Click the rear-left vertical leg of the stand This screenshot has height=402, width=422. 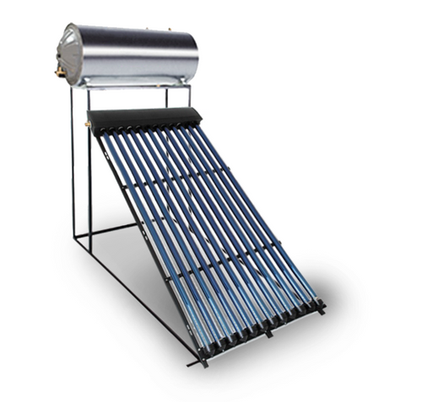[73, 169]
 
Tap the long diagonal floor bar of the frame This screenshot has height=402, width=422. [135, 295]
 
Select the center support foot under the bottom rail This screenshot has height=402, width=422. [268, 334]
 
